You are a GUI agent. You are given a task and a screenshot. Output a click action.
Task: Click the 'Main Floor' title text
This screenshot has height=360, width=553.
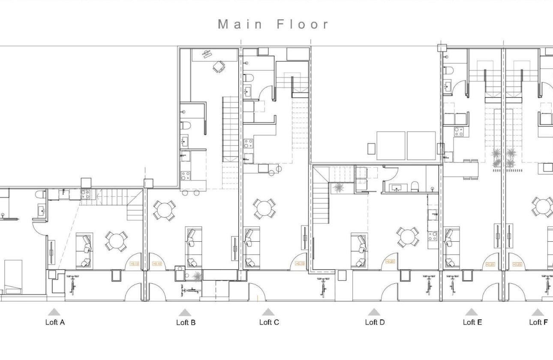coord(273,24)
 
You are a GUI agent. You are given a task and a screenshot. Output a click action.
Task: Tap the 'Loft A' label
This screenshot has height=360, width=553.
coord(55,322)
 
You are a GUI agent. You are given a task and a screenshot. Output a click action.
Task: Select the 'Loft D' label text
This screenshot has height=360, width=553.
coord(375,322)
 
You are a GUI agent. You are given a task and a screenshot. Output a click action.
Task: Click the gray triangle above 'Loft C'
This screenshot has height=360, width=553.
coord(268,312)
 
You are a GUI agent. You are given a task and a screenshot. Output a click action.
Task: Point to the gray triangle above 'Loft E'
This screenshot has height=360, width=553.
coord(471,312)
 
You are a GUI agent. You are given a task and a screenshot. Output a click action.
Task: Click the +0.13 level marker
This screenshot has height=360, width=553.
coord(134,264)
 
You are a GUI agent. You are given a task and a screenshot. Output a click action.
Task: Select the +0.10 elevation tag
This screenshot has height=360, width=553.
coord(157,264)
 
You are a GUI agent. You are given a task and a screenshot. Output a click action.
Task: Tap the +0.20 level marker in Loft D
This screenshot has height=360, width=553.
coord(390,261)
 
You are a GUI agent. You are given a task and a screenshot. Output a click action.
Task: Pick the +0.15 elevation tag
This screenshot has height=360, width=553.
coord(300,264)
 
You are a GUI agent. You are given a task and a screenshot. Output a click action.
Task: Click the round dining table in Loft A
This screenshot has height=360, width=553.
coord(116,241)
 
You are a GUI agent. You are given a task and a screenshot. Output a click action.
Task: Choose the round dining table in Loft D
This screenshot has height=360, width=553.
coord(407,237)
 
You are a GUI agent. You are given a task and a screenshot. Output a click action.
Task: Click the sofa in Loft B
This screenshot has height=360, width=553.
coord(193,247)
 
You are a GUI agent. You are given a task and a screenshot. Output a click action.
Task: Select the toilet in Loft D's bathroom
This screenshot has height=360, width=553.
coord(415,186)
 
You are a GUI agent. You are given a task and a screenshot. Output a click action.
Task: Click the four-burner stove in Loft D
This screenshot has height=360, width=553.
coord(432,236)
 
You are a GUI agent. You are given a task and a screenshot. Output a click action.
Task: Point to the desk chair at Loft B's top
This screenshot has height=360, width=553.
coord(219,66)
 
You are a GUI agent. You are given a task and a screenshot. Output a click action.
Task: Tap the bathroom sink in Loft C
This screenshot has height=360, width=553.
coord(248,91)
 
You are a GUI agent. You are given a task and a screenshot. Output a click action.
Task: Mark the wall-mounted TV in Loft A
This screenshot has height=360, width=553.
coord(51,253)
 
